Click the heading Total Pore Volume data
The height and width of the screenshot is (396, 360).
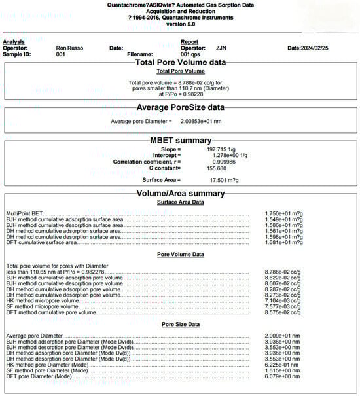tap(180, 62)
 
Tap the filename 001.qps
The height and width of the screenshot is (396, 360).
tap(189, 54)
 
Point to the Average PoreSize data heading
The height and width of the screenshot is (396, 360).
tap(180, 107)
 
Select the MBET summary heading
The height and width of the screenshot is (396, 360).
tap(180, 140)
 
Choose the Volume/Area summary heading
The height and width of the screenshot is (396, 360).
tap(180, 194)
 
